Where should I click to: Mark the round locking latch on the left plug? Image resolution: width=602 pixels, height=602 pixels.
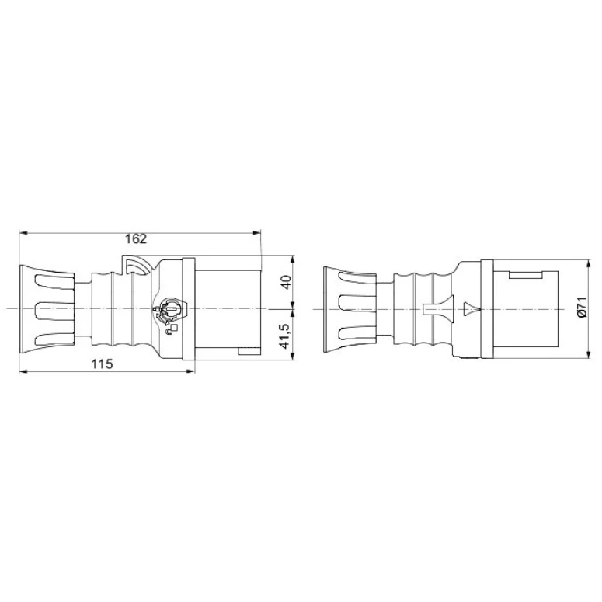pyautogui.click(x=169, y=311)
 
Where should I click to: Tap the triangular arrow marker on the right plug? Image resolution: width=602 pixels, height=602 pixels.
pyautogui.click(x=471, y=309)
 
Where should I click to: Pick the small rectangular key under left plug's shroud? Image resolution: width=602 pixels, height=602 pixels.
pyautogui.click(x=248, y=354)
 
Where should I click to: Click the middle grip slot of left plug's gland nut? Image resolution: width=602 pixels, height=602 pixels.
pyautogui.click(x=54, y=310)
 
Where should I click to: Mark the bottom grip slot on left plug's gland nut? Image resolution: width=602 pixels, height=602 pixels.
pyautogui.click(x=54, y=339)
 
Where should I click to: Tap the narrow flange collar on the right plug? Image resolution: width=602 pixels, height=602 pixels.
pyautogui.click(x=486, y=309)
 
